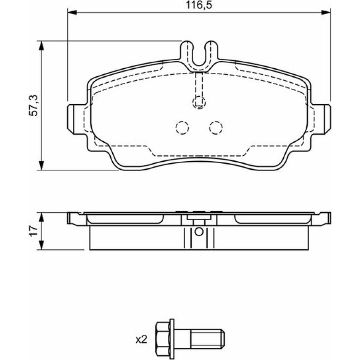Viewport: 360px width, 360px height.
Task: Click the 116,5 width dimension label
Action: [x=199, y=5]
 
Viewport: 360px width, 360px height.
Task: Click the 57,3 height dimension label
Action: [x=34, y=105]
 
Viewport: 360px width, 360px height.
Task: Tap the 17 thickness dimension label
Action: [x=34, y=231]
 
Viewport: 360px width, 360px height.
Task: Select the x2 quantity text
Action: [x=141, y=339]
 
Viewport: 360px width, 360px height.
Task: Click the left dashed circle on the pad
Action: [x=182, y=128]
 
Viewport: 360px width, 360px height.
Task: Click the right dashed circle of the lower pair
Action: [x=216, y=128]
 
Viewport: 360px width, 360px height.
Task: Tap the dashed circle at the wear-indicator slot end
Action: [x=199, y=102]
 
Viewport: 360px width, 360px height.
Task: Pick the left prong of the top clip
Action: [x=186, y=53]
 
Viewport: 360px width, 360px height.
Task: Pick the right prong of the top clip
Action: [x=212, y=53]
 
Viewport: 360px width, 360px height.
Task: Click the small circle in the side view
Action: [x=199, y=232]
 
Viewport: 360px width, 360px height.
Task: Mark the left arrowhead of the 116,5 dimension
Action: [x=72, y=12]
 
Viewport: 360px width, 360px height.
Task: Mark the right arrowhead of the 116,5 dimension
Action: [x=326, y=12]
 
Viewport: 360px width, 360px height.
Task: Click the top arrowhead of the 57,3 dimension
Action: [x=41, y=45]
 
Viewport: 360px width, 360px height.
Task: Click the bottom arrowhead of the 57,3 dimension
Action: [x=41, y=166]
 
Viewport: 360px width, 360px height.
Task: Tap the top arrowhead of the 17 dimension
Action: [x=41, y=217]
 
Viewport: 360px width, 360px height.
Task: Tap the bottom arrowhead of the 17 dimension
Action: [x=41, y=245]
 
